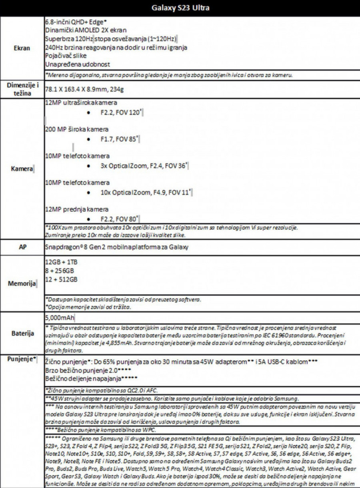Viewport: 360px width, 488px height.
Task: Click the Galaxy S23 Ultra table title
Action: tap(180, 8)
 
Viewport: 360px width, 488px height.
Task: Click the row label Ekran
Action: tap(22, 48)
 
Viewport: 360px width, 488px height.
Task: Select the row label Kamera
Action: tap(22, 169)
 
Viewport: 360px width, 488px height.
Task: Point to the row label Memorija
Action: tap(22, 284)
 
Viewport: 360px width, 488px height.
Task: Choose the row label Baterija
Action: tap(22, 333)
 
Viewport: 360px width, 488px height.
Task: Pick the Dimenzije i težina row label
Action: tap(22, 89)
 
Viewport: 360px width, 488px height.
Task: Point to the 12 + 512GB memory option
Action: tap(62, 279)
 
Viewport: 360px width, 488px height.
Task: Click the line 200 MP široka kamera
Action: tap(77, 129)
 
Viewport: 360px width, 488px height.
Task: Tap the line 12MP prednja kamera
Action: tap(77, 209)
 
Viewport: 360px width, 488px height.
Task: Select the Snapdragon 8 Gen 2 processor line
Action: tap(117, 247)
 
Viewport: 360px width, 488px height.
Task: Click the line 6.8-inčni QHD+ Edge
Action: tap(76, 22)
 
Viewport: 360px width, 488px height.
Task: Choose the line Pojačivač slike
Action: tap(66, 56)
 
